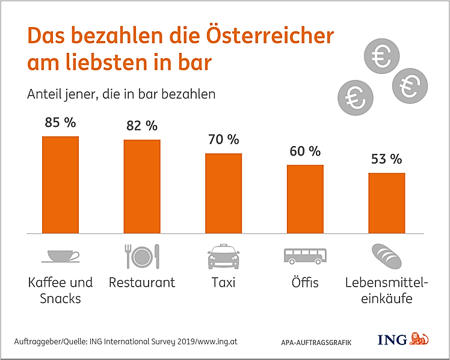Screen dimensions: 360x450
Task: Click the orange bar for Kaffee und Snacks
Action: tap(60, 185)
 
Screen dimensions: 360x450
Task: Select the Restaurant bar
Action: tap(142, 186)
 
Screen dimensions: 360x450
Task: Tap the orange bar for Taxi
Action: tap(224, 193)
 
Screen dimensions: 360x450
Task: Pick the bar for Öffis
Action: tap(305, 199)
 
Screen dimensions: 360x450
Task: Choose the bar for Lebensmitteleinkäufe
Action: tap(387, 203)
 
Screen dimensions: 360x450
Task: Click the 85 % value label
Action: tap(60, 123)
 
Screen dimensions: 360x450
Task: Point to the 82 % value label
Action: tap(142, 126)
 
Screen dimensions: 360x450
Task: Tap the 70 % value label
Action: tap(224, 139)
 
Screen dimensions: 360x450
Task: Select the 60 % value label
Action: tap(305, 151)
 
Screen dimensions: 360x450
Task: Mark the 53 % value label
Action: tap(387, 159)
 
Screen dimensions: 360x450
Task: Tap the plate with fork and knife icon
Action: tap(142, 256)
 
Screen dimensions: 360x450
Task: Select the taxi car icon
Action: tap(224, 257)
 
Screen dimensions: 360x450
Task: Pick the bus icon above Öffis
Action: tap(305, 255)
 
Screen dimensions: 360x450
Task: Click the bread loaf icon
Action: tap(386, 255)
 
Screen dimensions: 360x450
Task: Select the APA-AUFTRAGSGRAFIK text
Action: tap(316, 342)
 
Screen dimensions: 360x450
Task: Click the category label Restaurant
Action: tap(142, 282)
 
